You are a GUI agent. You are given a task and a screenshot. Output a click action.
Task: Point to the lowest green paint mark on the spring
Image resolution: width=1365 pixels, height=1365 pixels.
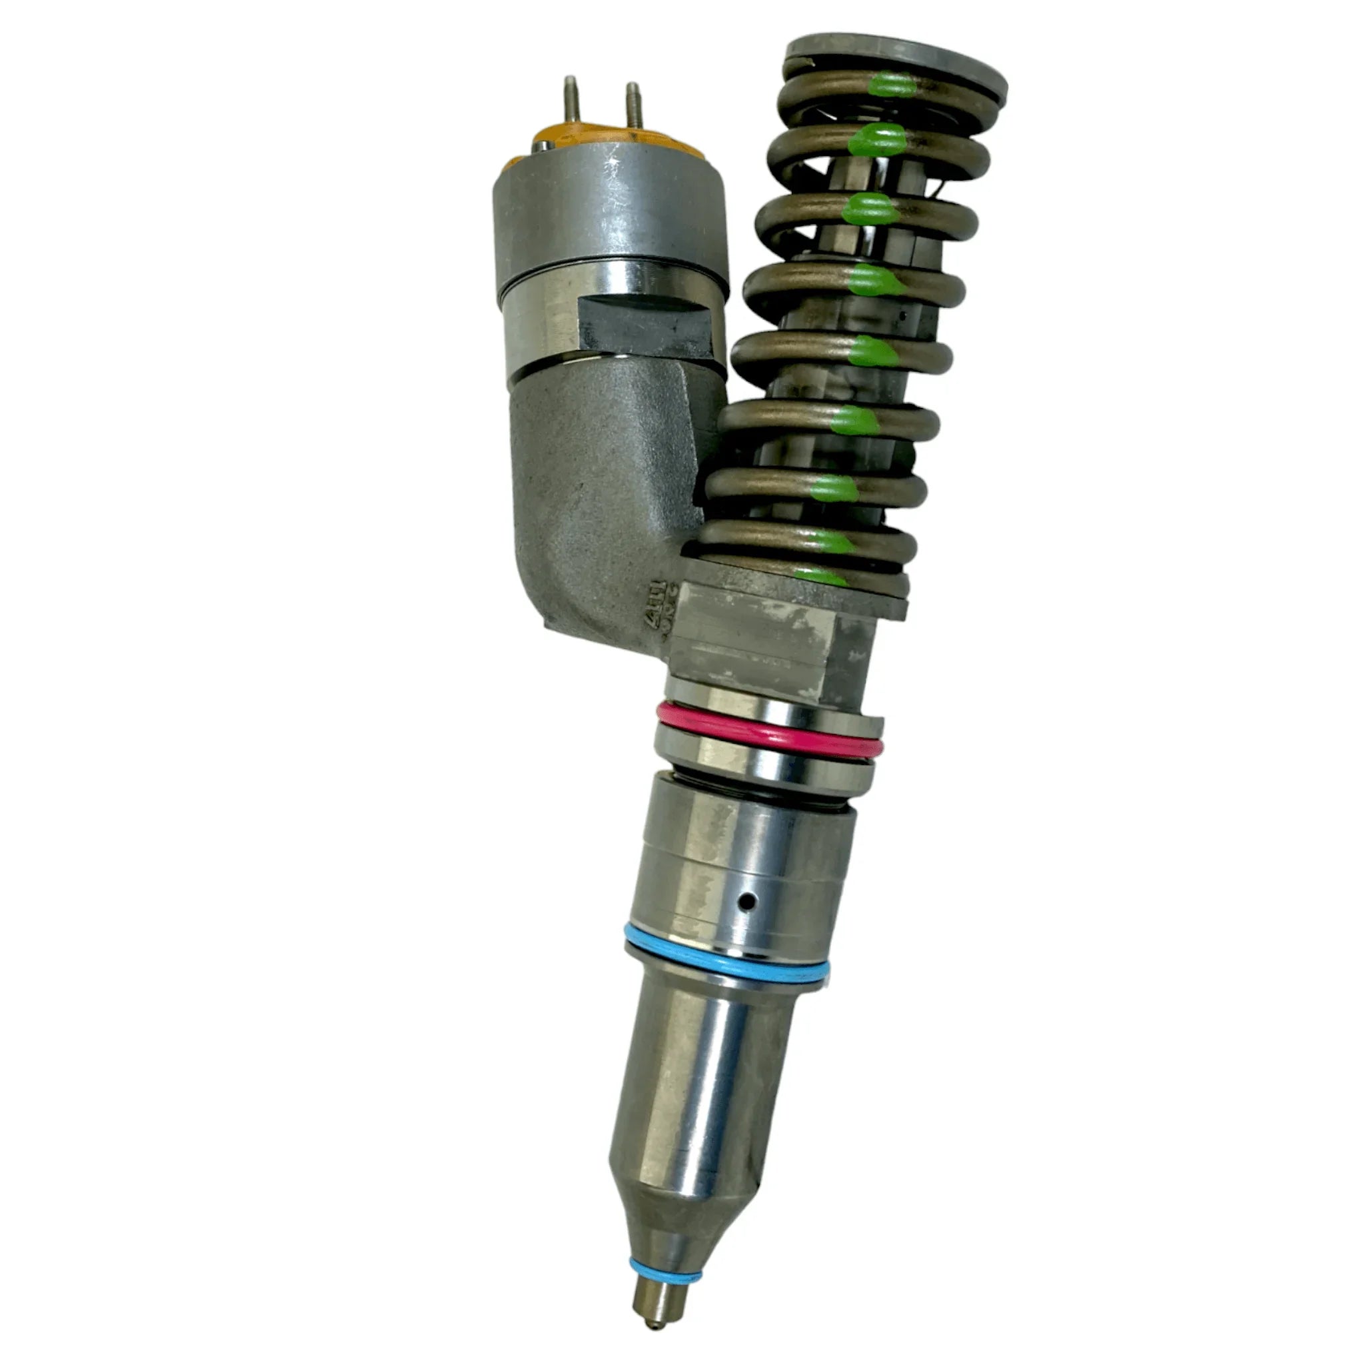click(820, 576)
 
